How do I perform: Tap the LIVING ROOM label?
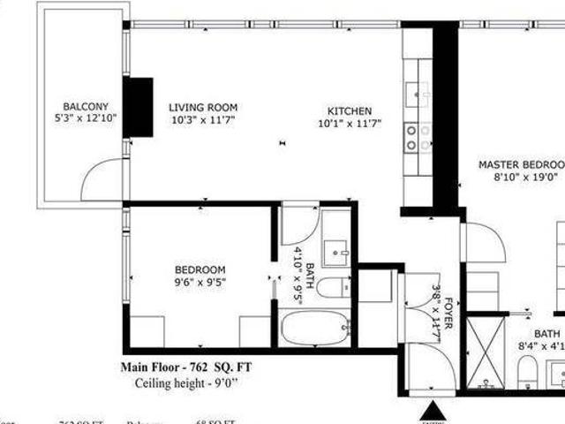pos(203,108)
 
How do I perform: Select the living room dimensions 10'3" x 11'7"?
pos(203,119)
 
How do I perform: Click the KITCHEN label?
pos(350,110)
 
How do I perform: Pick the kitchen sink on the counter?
pos(417,91)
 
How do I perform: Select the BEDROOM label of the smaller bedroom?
pos(200,269)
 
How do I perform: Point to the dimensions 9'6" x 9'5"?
pos(200,282)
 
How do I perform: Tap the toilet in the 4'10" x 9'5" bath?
pos(335,287)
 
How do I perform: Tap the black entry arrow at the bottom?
pos(433,410)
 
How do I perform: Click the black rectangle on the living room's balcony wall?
pos(138,107)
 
